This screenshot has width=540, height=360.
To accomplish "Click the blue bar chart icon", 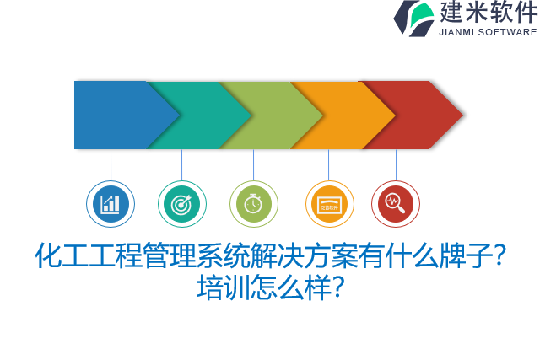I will coord(111,204).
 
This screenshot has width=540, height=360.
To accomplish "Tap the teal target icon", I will coord(182,204).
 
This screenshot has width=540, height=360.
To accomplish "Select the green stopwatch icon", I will coord(254,204).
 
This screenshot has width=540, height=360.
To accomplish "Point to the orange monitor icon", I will coord(329,204).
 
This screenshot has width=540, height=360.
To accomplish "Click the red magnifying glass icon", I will coord(396,204).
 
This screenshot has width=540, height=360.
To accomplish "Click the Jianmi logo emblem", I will coord(413,18).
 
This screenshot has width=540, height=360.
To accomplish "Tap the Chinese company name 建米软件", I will coord(488,13).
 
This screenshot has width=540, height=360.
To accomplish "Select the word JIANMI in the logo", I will coord(456,32).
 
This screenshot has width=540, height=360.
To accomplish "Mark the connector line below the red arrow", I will coord(396,164).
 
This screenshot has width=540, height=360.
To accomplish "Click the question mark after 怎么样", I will coord(336,287).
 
